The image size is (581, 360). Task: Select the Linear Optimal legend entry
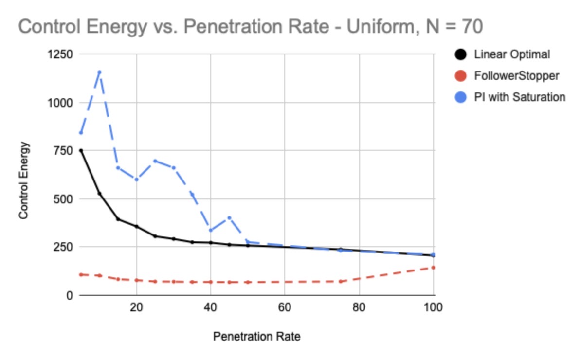click(511, 54)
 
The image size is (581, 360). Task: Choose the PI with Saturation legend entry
click(519, 97)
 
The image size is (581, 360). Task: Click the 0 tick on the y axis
click(70, 295)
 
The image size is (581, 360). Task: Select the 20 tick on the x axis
click(137, 308)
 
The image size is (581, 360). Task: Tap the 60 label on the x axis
click(285, 308)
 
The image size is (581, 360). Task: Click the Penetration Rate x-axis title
click(256, 337)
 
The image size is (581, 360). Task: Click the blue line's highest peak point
click(99, 72)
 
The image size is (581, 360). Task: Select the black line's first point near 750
click(81, 151)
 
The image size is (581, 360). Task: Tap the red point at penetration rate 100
click(433, 267)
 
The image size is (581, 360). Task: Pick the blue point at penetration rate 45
click(229, 217)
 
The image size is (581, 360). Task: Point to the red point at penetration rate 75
click(341, 281)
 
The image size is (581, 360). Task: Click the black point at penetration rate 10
click(99, 194)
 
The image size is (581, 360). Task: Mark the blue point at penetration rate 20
click(137, 180)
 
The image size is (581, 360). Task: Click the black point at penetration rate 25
click(155, 236)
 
